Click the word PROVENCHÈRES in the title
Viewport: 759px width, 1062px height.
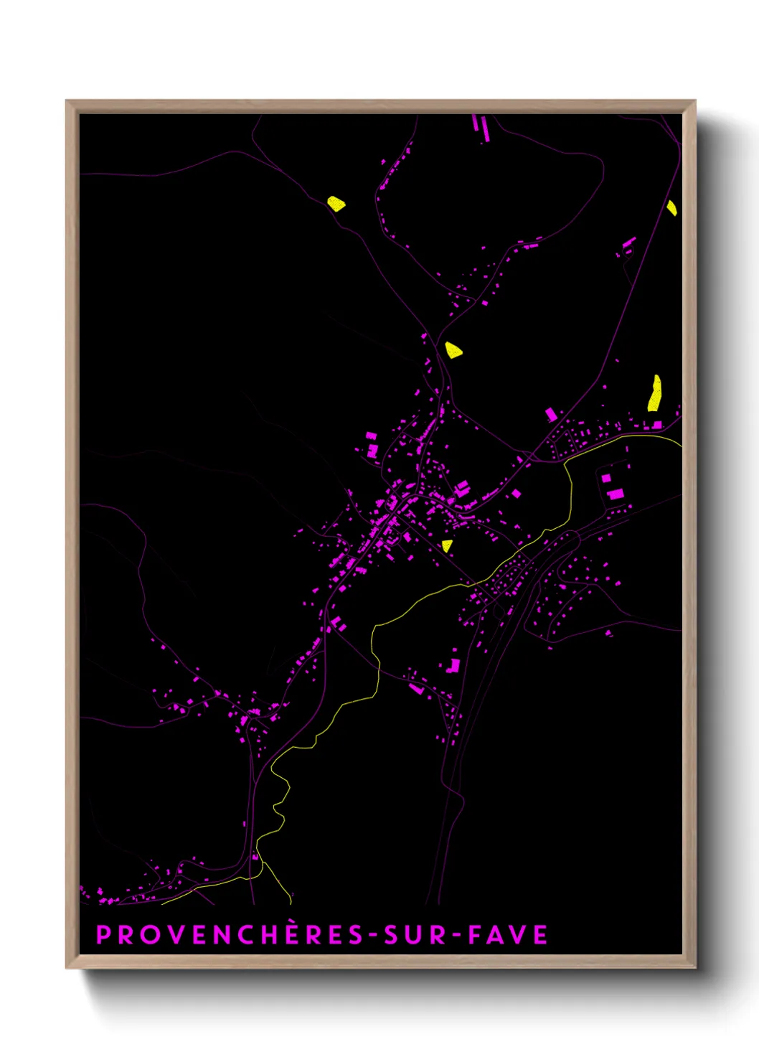point(230,934)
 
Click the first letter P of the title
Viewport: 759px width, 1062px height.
point(103,935)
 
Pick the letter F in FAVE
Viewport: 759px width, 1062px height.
point(474,935)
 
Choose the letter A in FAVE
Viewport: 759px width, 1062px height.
point(495,935)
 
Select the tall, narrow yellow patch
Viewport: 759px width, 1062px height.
point(654,393)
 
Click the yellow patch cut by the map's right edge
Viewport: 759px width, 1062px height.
point(671,208)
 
